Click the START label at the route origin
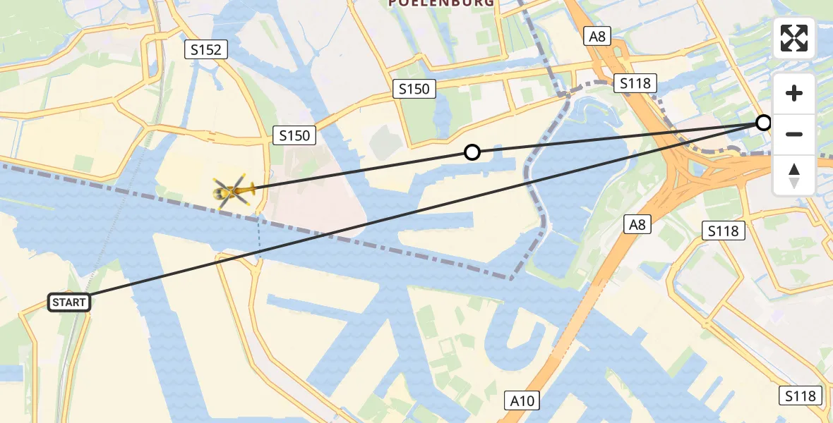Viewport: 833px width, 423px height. point(69,302)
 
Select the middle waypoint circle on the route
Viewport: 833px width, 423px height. point(472,152)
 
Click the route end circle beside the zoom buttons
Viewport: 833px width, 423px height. point(763,123)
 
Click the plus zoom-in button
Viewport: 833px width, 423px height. point(794,93)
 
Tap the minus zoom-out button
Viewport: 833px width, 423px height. point(794,134)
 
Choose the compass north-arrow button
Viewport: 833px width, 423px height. point(794,174)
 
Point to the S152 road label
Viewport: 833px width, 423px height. point(206,49)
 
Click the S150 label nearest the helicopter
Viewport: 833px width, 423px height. point(294,135)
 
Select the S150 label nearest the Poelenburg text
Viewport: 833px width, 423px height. point(414,89)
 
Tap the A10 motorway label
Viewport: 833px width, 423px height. point(523,401)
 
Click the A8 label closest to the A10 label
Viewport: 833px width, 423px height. point(637,225)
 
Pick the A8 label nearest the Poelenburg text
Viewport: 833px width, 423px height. point(597,37)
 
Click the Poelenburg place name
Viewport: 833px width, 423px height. point(441,4)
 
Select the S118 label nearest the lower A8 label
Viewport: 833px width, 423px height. point(724,231)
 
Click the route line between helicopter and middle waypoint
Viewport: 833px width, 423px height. point(353,171)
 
